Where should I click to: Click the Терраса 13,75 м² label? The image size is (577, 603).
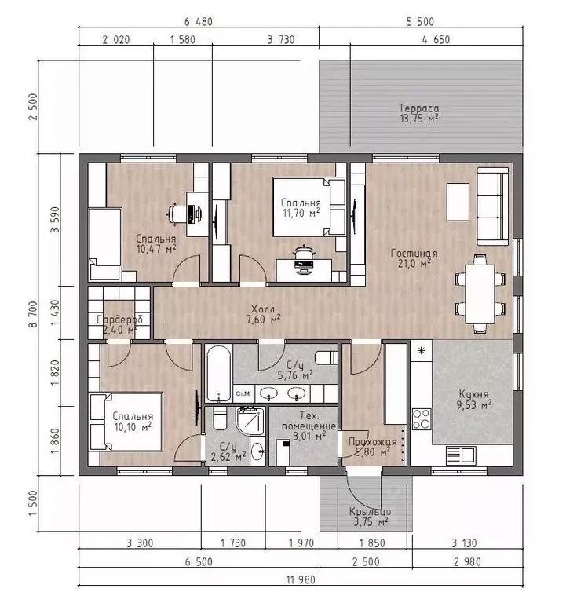click(419, 113)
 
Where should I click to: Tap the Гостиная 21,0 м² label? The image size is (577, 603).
click(414, 258)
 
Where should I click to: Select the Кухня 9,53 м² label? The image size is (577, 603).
click(474, 400)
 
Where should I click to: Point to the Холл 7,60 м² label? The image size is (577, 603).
click(263, 314)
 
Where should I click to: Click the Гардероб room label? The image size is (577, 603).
click(119, 320)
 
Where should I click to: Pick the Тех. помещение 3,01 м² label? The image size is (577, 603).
click(309, 426)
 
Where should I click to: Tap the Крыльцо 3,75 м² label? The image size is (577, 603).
click(371, 517)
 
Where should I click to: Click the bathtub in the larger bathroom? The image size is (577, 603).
click(219, 374)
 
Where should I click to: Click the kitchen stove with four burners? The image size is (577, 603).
click(421, 418)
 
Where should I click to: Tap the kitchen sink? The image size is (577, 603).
click(461, 455)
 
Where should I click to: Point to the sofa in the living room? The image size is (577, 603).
click(493, 206)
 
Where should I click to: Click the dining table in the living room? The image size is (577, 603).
click(480, 294)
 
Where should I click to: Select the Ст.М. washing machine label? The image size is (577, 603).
click(243, 393)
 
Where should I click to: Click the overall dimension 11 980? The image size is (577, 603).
click(301, 579)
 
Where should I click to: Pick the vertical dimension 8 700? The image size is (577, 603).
click(34, 314)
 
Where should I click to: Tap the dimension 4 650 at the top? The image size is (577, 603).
click(436, 39)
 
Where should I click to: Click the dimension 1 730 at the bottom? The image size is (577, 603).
click(233, 543)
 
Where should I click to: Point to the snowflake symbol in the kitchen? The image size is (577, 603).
click(422, 350)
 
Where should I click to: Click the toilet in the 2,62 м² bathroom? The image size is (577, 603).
click(221, 418)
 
